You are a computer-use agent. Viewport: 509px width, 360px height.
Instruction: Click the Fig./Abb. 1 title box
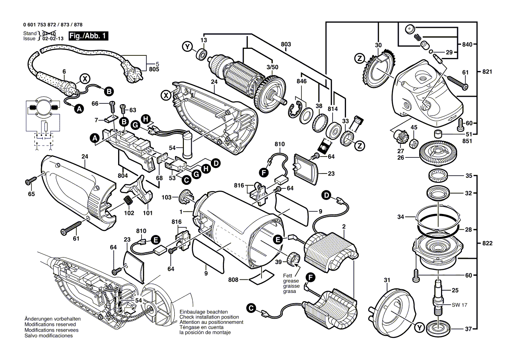click(88, 36)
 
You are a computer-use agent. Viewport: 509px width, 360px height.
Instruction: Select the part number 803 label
click(286, 44)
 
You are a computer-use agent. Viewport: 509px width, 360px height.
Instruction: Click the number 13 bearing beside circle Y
click(202, 54)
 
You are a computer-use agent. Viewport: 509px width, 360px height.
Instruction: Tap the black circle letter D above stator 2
click(326, 195)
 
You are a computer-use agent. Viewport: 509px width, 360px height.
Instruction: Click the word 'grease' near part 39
click(291, 281)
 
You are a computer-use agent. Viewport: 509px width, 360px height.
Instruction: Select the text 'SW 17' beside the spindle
click(459, 305)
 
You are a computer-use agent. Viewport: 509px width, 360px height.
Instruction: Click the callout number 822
click(487, 243)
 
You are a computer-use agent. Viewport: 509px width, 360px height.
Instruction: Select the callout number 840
click(467, 45)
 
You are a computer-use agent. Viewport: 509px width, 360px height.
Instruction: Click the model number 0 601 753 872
click(40, 25)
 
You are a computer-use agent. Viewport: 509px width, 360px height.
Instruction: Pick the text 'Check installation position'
click(209, 317)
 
